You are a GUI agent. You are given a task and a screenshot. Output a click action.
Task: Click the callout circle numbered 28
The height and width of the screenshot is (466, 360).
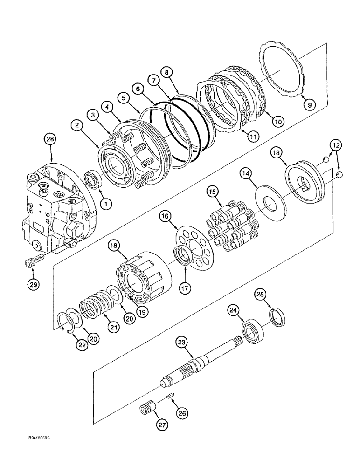(50, 138)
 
